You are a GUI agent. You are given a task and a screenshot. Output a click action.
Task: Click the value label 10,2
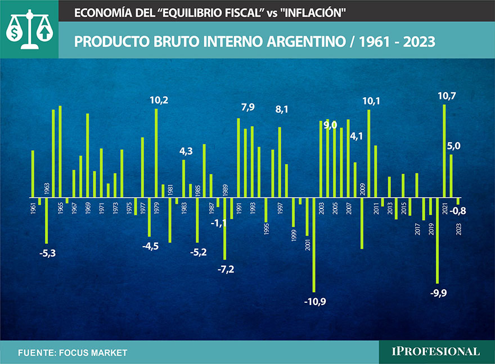point(159,101)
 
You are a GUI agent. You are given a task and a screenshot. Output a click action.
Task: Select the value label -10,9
point(315,302)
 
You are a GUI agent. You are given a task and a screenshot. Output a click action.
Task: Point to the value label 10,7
point(447,96)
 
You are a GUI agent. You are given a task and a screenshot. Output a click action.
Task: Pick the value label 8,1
point(281,110)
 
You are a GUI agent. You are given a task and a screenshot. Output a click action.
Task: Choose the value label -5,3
point(48,253)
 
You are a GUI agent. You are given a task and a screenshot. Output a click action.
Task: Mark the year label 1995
point(267,230)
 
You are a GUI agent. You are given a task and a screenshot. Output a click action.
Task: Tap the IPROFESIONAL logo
point(436,352)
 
